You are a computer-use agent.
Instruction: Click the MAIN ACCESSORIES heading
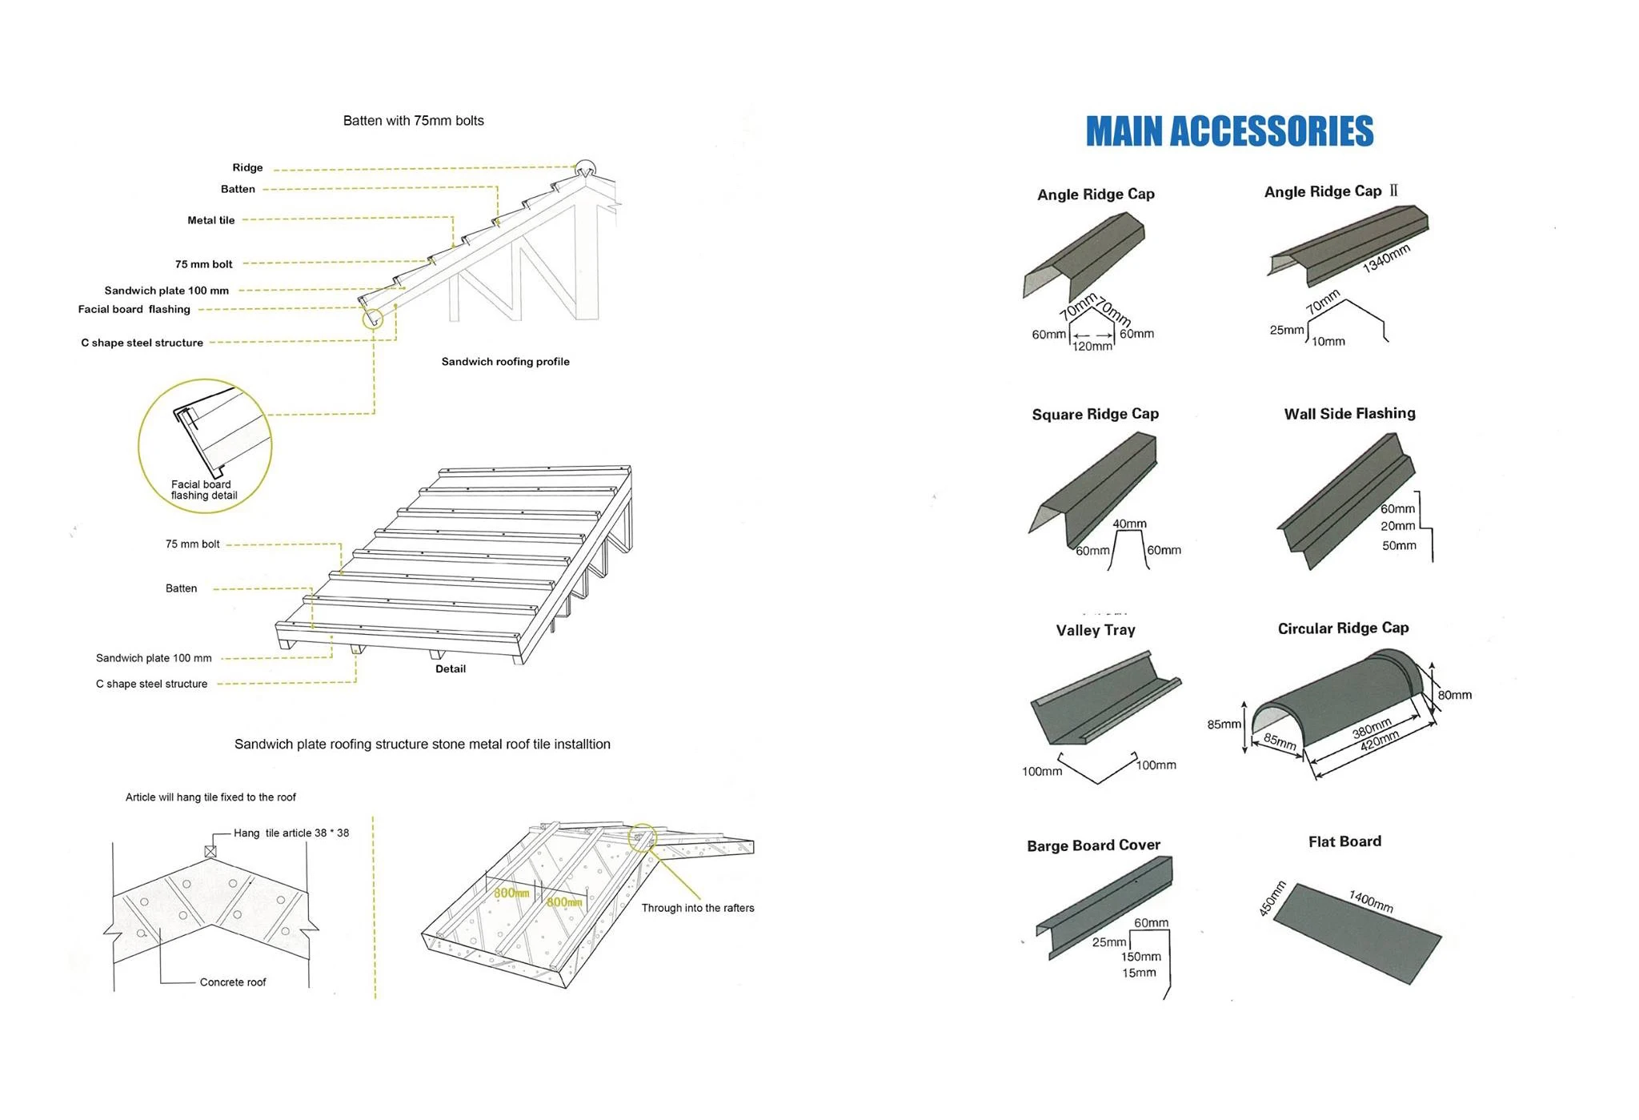click(1229, 131)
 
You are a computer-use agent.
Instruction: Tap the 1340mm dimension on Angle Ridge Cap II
click(1386, 258)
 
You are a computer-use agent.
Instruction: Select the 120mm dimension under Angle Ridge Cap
click(1092, 347)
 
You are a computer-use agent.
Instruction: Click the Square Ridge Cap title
click(1095, 414)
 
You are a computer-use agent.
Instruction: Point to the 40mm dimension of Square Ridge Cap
click(1129, 524)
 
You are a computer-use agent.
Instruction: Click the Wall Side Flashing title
click(1349, 413)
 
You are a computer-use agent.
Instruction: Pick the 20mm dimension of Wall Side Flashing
click(1397, 526)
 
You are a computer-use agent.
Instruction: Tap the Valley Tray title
click(1095, 630)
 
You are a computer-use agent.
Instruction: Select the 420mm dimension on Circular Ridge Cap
click(1380, 741)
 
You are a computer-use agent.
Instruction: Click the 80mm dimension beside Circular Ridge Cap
click(1454, 695)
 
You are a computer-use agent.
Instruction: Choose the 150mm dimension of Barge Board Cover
click(1140, 957)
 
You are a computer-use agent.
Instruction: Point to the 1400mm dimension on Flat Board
click(1371, 901)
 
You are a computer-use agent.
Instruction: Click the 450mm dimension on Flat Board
click(1272, 898)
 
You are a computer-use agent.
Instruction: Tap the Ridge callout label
click(247, 168)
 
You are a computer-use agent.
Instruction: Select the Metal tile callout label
click(211, 220)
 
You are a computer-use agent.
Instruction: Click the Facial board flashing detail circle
click(205, 446)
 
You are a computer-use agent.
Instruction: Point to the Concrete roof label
click(233, 982)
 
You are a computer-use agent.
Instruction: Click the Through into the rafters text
click(697, 908)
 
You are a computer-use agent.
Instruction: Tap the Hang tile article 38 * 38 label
click(291, 833)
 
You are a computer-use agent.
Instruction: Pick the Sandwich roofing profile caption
click(505, 362)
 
